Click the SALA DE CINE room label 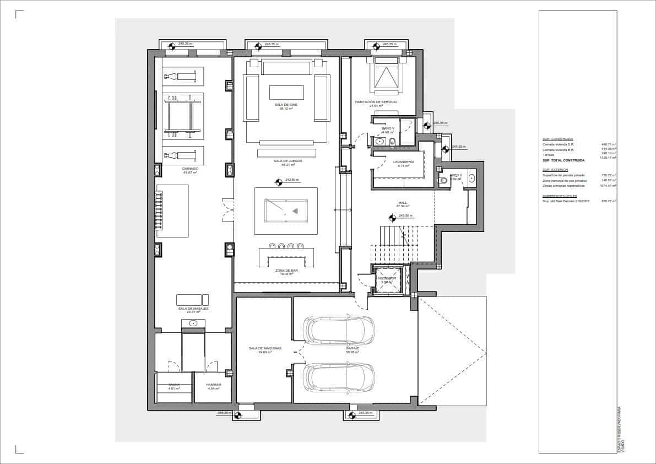pyautogui.click(x=286, y=105)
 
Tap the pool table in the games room pyautogui.click(x=286, y=211)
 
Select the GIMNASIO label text pyautogui.click(x=191, y=169)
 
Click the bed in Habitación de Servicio pyautogui.click(x=387, y=75)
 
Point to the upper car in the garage pyautogui.click(x=340, y=330)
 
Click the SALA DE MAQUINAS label pyautogui.click(x=265, y=348)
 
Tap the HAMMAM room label pyautogui.click(x=214, y=385)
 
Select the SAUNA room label pyautogui.click(x=174, y=385)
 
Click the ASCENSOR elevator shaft pyautogui.click(x=387, y=280)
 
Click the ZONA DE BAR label pyautogui.click(x=286, y=271)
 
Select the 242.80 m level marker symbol pyautogui.click(x=279, y=180)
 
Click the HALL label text pyautogui.click(x=402, y=203)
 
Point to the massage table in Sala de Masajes pyautogui.click(x=193, y=300)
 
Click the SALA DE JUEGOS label pyautogui.click(x=286, y=161)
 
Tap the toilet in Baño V pyautogui.click(x=392, y=142)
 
